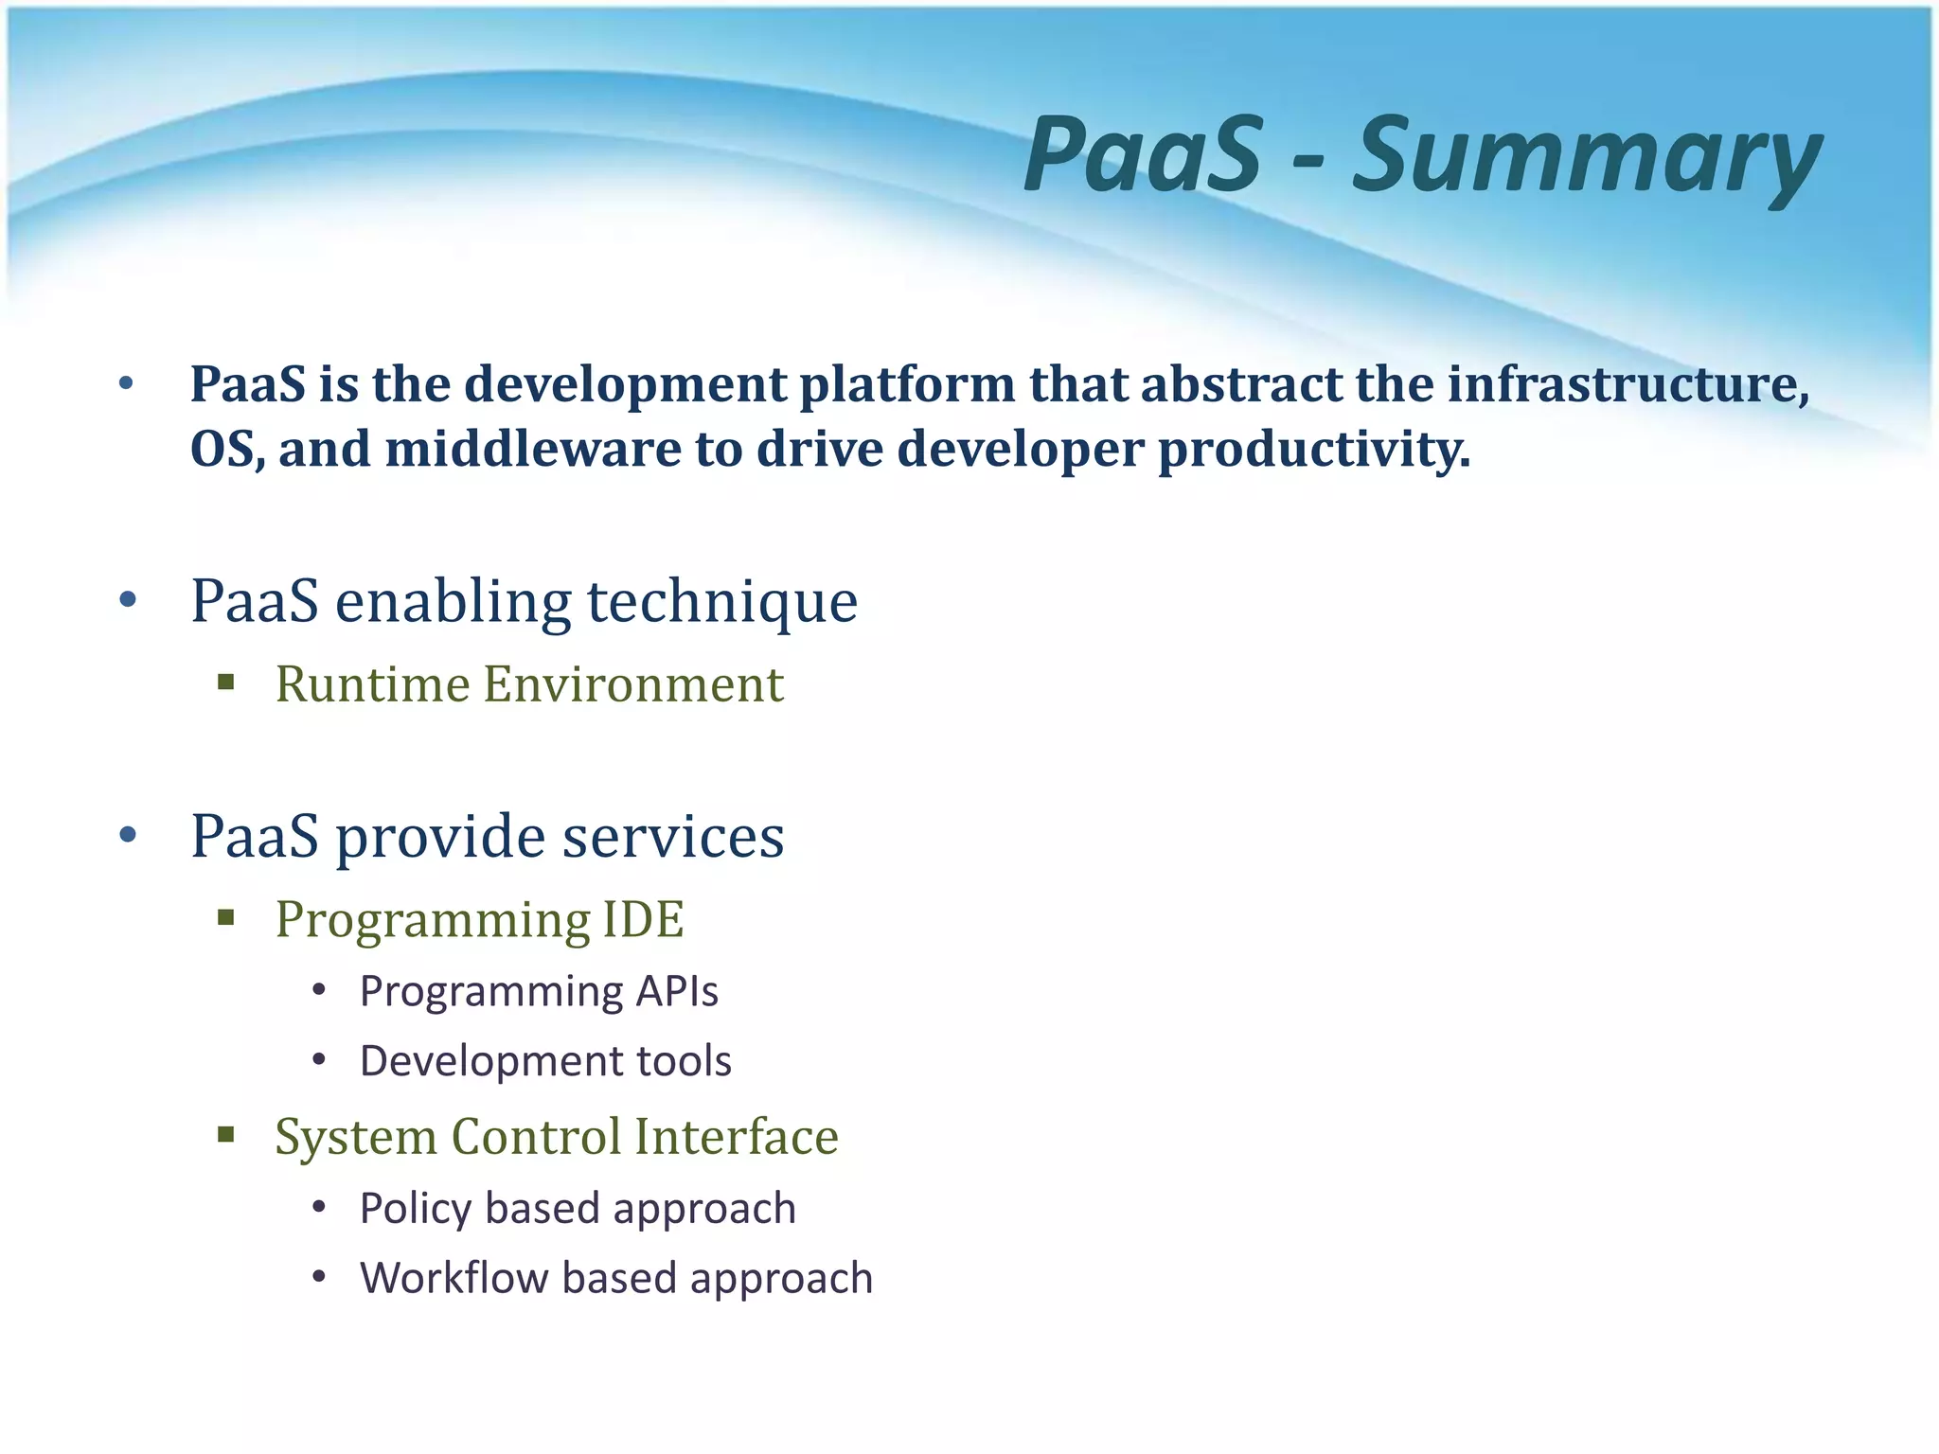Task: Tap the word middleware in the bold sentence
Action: point(532,449)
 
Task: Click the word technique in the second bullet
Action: point(722,602)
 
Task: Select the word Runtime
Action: point(372,684)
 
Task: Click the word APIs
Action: point(677,992)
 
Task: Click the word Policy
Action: point(415,1209)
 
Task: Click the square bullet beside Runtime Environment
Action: point(225,683)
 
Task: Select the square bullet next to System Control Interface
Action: point(225,1135)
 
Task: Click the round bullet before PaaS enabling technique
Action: point(129,600)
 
